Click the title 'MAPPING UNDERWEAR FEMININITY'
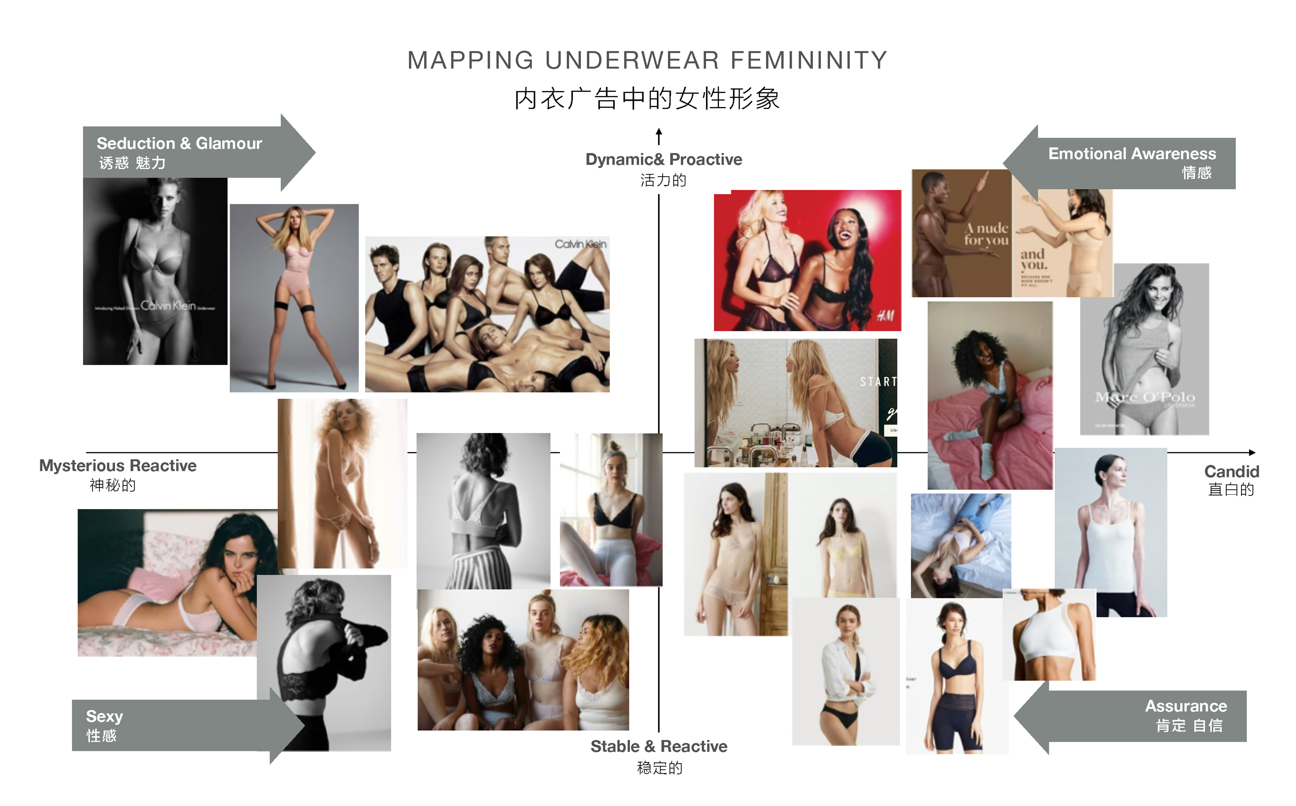click(647, 60)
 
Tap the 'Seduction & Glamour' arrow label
click(179, 143)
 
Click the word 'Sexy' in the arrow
click(104, 716)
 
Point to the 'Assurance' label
click(1186, 706)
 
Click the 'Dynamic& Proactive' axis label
click(663, 159)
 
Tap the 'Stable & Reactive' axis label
click(659, 746)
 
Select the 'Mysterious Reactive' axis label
click(118, 466)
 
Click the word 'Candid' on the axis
click(1231, 472)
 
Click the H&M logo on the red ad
click(886, 316)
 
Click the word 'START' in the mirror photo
click(878, 382)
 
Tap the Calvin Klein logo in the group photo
click(580, 244)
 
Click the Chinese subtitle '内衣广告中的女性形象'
click(647, 99)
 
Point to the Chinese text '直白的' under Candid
click(1231, 490)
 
